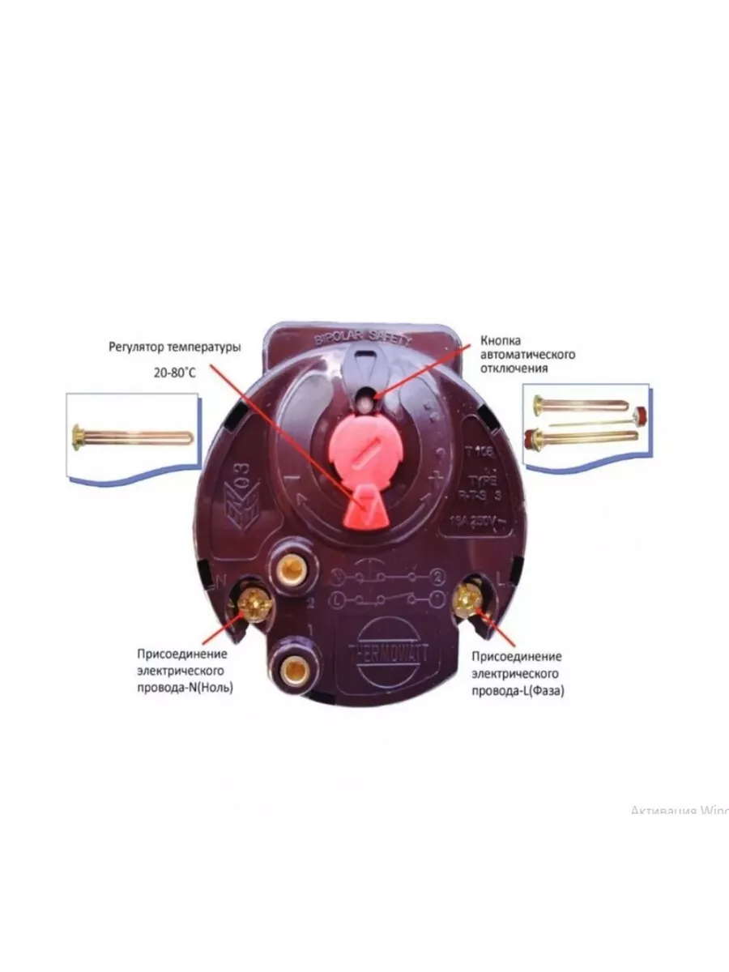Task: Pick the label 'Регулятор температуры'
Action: tap(175, 347)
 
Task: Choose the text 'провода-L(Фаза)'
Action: tap(517, 691)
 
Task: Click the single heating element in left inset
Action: tap(133, 438)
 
